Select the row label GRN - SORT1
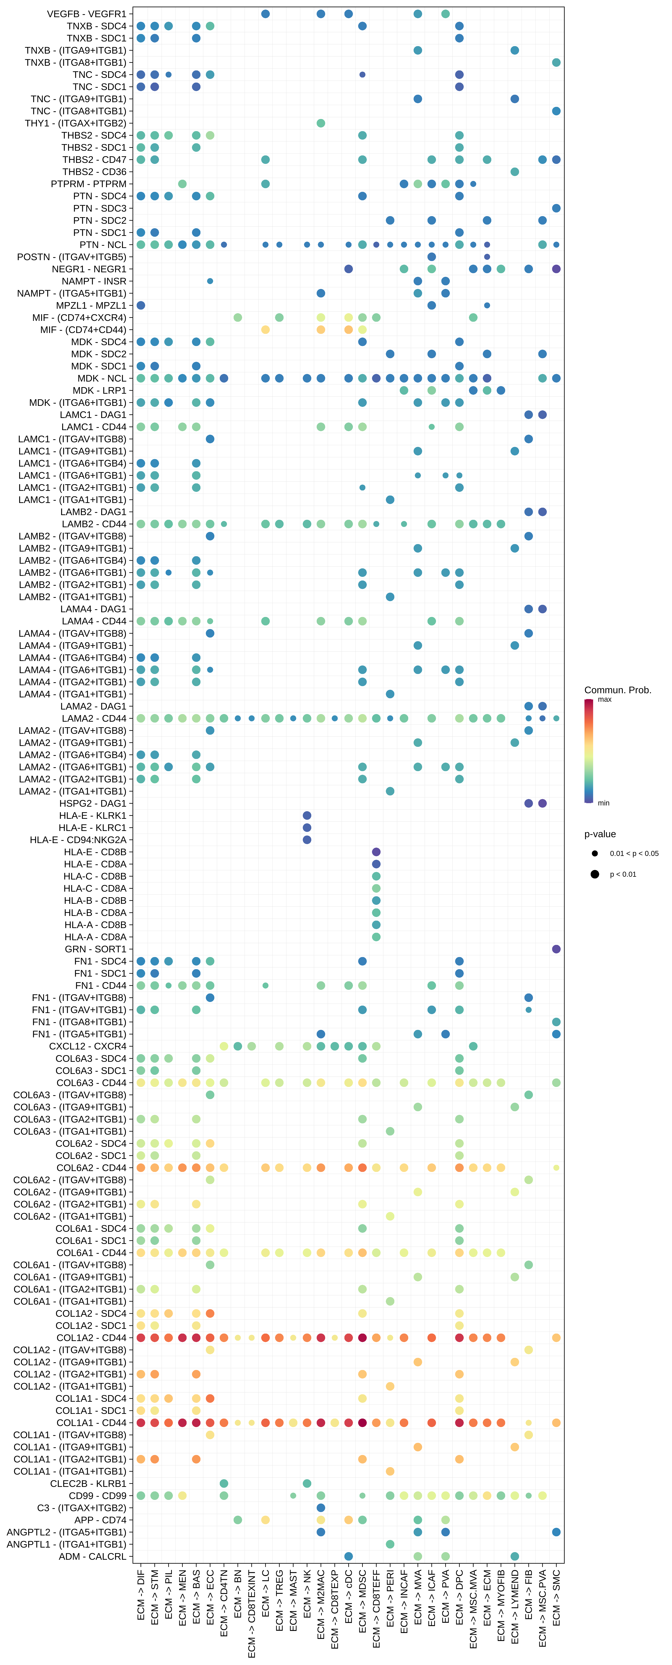tap(96, 949)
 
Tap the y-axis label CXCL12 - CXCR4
tap(88, 1046)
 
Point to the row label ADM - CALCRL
tap(92, 1556)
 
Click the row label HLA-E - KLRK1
tap(92, 816)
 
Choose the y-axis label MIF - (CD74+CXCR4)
tap(79, 317)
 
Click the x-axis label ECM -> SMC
tap(556, 1596)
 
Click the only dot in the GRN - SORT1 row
tap(556, 949)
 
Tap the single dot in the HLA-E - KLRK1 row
tap(307, 816)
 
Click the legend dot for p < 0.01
tap(594, 874)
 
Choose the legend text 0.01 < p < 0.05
tap(634, 853)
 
